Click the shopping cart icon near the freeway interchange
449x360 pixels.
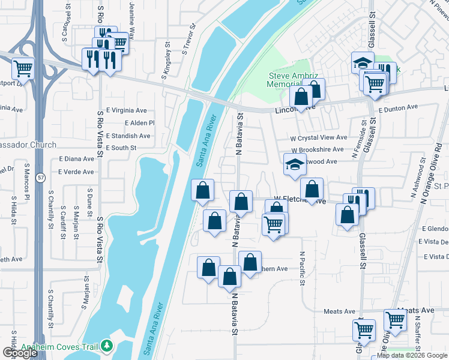coord(23,68)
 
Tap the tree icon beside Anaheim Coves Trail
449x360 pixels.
coord(107,346)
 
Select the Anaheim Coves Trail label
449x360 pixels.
coord(60,347)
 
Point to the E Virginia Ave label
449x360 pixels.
coord(126,110)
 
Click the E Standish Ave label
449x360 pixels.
coord(128,136)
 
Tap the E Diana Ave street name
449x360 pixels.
coord(76,159)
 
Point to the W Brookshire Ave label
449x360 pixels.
coord(318,149)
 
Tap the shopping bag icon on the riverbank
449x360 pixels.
coord(203,190)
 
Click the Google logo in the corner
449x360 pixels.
coord(20,353)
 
